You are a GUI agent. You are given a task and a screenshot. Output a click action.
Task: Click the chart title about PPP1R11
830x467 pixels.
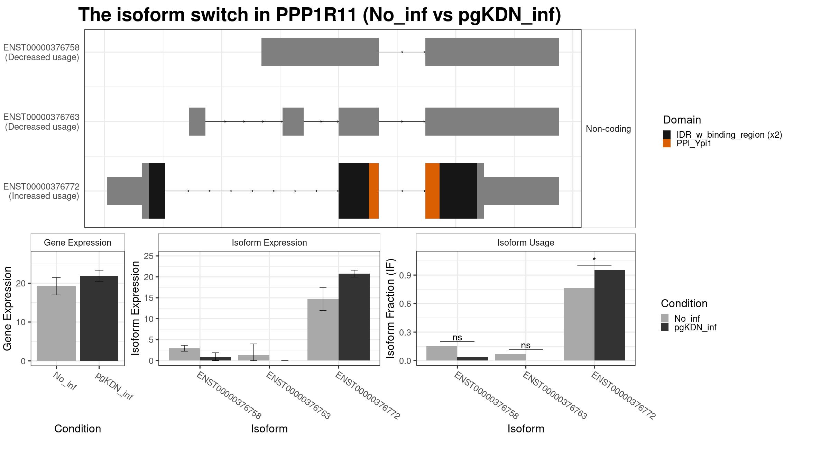click(320, 15)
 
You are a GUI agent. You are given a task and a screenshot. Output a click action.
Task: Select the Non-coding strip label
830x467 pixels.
click(608, 129)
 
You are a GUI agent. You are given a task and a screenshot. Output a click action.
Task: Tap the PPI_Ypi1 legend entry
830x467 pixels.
click(693, 143)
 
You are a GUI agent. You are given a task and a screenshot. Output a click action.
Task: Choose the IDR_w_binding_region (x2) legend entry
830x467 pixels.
click(729, 135)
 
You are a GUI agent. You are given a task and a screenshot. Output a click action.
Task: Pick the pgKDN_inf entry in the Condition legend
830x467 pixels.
click(695, 327)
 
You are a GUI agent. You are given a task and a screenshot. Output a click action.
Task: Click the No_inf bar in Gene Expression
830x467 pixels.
click(56, 323)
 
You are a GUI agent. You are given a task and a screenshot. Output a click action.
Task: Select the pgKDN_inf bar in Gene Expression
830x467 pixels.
click(99, 318)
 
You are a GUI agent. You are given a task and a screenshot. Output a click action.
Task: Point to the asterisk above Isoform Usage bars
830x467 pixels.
click(594, 260)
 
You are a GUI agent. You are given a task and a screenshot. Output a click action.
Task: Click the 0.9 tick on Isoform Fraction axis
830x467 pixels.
click(405, 275)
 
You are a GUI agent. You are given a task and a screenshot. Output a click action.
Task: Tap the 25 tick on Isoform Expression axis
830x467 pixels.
click(149, 256)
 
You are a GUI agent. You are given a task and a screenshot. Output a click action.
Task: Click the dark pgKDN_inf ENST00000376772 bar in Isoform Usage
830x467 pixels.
click(610, 315)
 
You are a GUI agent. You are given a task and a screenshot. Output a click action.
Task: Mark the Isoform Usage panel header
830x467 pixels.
click(526, 242)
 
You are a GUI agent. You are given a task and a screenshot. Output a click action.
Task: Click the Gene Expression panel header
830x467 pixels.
click(77, 242)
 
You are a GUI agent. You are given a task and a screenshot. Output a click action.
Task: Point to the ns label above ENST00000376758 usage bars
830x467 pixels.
click(457, 337)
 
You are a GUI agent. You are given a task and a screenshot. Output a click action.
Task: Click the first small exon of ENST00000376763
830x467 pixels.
click(197, 121)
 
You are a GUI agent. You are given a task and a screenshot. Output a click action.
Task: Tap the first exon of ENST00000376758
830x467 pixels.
click(320, 52)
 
